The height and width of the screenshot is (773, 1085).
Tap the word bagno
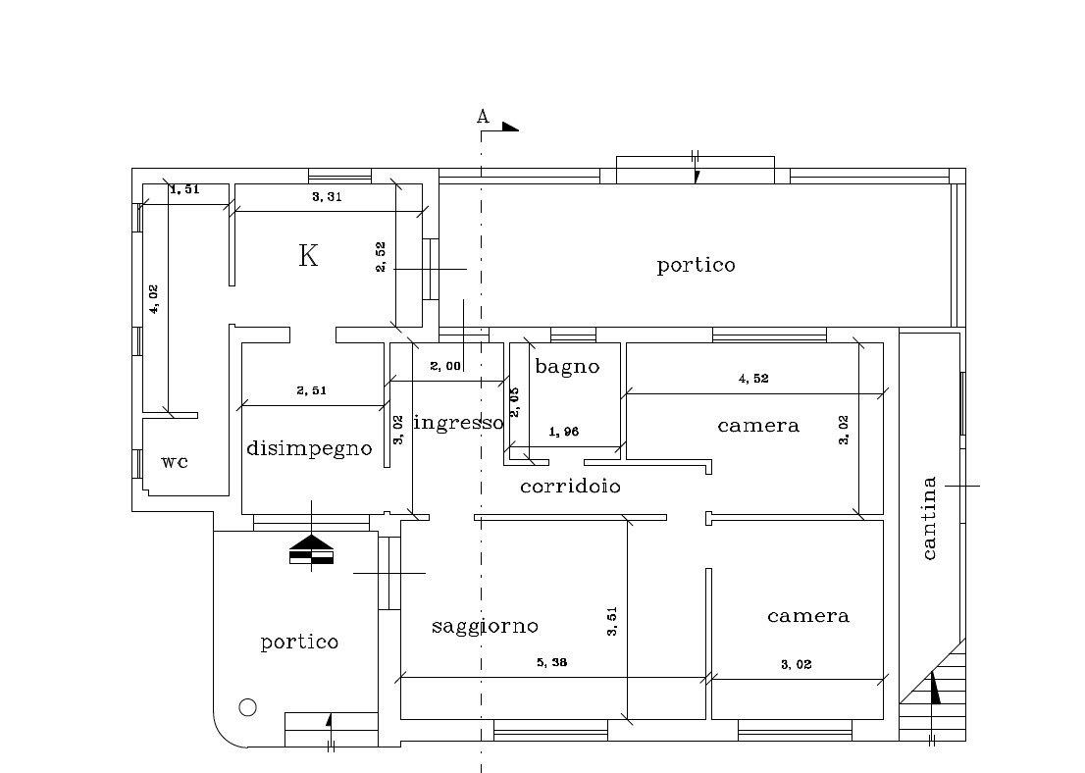(567, 366)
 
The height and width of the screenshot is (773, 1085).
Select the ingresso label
(458, 422)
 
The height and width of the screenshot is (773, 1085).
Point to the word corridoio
(570, 487)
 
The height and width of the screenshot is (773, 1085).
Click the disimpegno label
(309, 448)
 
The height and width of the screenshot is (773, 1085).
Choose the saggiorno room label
(485, 626)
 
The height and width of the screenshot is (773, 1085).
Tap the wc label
(175, 462)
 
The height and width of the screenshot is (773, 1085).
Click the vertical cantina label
(929, 518)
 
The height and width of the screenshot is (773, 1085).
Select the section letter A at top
(483, 117)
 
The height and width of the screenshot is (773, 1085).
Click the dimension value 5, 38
(551, 662)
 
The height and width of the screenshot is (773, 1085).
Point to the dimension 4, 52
(753, 379)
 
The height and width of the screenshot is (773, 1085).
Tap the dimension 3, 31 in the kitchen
(327, 196)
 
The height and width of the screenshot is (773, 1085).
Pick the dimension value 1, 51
(184, 189)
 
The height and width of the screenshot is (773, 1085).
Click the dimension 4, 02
(154, 299)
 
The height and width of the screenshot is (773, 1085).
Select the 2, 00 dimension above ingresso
(445, 366)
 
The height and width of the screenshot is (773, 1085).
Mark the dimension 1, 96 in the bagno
(563, 432)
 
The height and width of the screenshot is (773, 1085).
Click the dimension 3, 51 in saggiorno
(612, 622)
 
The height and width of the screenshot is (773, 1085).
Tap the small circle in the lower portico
(248, 707)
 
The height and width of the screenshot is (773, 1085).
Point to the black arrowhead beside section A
(510, 127)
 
